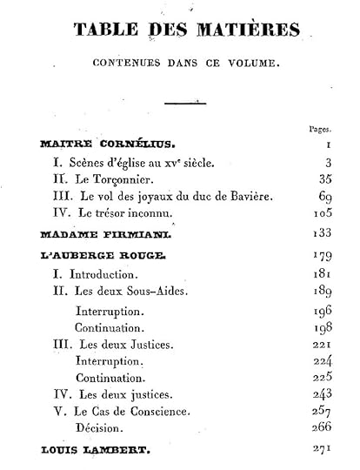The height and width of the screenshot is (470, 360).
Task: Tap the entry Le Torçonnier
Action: click(x=97, y=179)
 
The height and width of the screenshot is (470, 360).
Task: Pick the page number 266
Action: click(x=320, y=428)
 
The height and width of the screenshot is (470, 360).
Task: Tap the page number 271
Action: click(x=320, y=449)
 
